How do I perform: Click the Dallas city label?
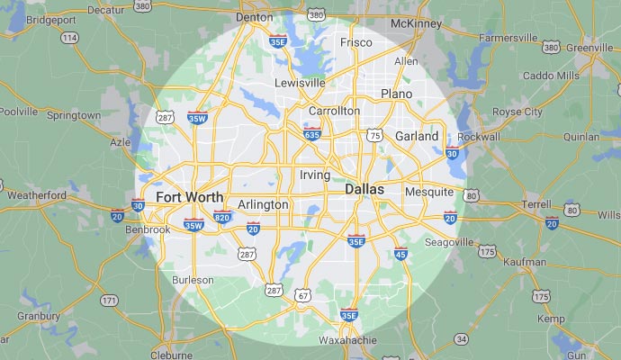click(364, 190)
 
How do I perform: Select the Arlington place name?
click(263, 204)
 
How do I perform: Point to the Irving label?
click(314, 174)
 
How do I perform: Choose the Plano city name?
click(396, 94)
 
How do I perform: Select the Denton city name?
click(253, 17)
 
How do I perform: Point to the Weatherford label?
click(36, 194)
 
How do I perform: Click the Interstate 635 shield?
click(312, 135)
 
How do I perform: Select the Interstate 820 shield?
click(222, 217)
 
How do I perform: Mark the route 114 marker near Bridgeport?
click(69, 38)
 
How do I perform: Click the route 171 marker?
click(109, 300)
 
